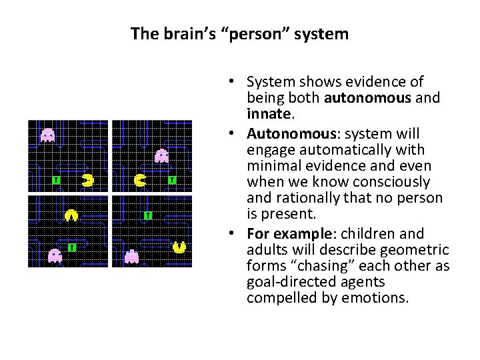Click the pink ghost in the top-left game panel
[47, 135]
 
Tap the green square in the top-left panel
[56, 180]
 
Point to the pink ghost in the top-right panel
[161, 156]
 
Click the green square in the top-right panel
[172, 180]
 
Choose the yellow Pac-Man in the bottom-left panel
[71, 215]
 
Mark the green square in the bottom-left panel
[71, 247]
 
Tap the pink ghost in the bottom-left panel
[55, 255]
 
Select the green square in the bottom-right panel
[148, 215]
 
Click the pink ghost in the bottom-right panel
[132, 256]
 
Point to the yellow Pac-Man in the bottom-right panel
[179, 247]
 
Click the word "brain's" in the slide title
[182, 33]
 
